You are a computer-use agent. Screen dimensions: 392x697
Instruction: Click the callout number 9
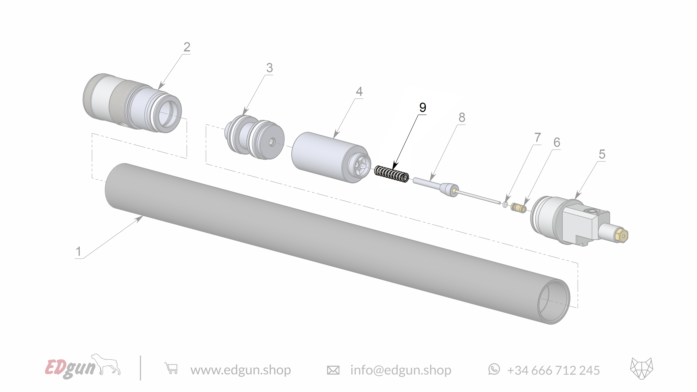tap(422, 108)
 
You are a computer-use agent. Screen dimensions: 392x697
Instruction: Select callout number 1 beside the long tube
tap(78, 251)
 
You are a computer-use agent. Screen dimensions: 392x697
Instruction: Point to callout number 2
tap(187, 47)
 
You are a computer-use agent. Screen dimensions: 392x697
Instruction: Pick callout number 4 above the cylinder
tap(359, 91)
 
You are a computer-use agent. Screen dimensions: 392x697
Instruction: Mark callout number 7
tap(537, 138)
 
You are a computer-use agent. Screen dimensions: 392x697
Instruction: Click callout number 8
tap(462, 117)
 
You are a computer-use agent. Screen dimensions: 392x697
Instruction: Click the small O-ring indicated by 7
tap(505, 205)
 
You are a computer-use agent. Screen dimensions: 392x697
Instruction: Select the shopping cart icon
tap(171, 369)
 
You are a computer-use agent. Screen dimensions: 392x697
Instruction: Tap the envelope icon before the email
tap(333, 370)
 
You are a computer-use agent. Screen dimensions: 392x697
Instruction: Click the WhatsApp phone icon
tap(494, 369)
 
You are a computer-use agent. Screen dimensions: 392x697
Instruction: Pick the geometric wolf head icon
tap(642, 368)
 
